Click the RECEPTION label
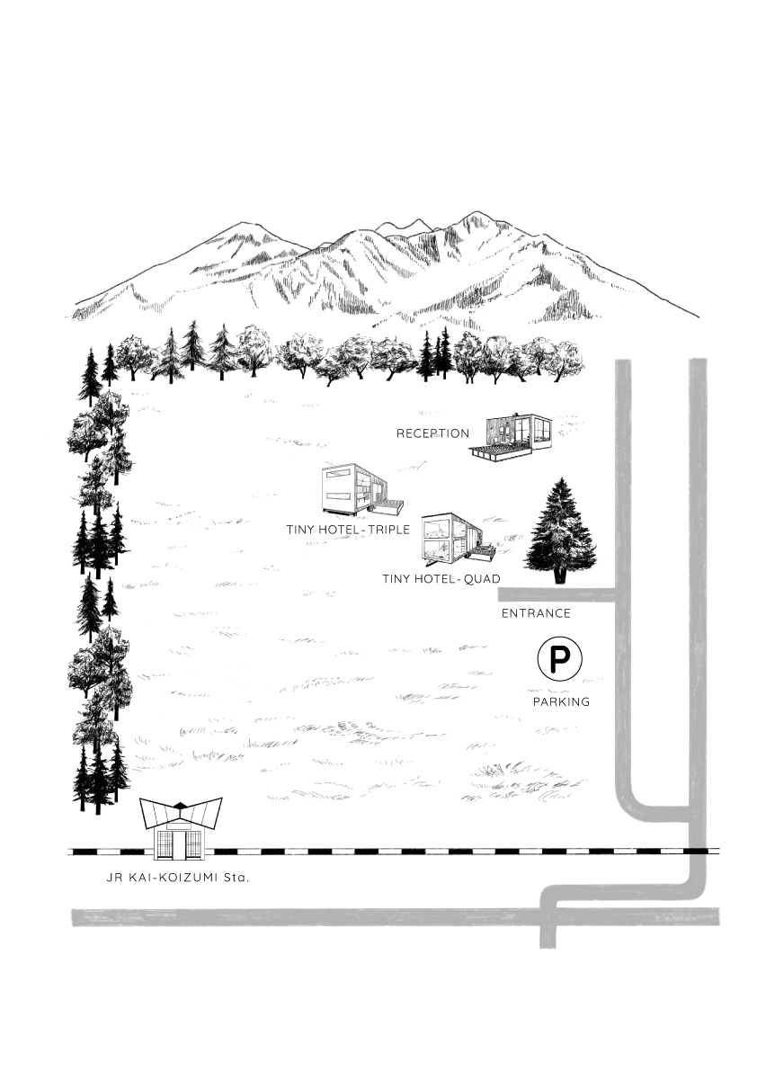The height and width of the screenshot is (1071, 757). coord(432,433)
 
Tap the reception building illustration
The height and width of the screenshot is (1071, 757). coord(511,436)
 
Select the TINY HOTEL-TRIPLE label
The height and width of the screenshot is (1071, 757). coord(348,530)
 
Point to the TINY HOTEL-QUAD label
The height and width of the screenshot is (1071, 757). coord(441,578)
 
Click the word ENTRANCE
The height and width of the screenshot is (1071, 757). coord(536,613)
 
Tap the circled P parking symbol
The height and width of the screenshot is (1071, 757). coord(560,659)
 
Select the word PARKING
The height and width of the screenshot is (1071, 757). coord(561,701)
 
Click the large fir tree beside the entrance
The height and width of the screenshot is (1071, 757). coord(560,531)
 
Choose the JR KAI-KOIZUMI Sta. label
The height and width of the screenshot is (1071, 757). coord(178,877)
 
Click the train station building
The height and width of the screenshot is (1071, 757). coord(180,828)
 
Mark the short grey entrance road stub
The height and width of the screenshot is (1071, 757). coord(557,594)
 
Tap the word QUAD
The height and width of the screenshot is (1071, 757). coord(482,578)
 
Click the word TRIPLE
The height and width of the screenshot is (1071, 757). coord(388,530)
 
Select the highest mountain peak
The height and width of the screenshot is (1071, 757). coord(473,214)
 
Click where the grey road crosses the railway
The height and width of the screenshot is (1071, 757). coord(697,851)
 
